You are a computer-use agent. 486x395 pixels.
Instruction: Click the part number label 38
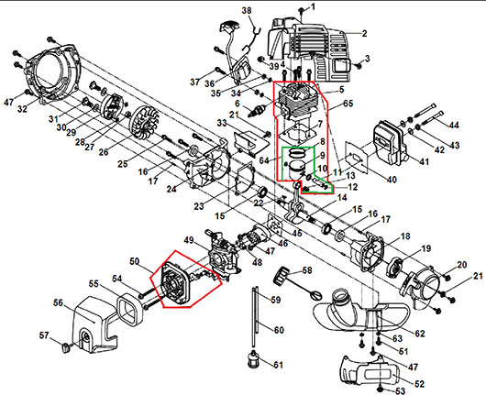(x=247, y=11)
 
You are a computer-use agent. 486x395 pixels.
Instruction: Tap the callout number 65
(x=348, y=104)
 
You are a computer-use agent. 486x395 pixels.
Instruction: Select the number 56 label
(x=58, y=302)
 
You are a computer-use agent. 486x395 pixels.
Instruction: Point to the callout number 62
(x=420, y=334)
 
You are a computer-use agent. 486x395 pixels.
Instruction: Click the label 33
(x=222, y=124)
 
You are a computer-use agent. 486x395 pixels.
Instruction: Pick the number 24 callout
(x=171, y=188)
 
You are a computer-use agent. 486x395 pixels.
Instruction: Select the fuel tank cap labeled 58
(x=282, y=274)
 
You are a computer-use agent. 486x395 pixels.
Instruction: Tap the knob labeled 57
(x=66, y=347)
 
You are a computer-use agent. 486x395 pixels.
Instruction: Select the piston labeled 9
(x=296, y=170)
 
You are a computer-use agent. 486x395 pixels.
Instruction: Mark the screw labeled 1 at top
(x=302, y=10)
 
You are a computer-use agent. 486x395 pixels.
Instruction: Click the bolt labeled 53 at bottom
(x=381, y=389)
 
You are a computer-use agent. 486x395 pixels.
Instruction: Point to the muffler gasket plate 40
(x=357, y=156)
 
